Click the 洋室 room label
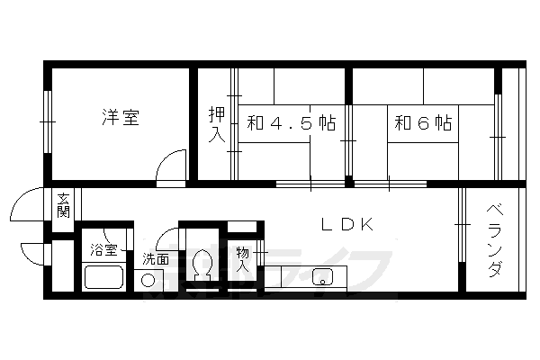click(119, 118)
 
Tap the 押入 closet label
click(216, 124)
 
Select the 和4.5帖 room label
click(290, 123)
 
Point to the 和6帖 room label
click(422, 123)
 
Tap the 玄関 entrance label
click(63, 205)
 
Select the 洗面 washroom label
click(154, 259)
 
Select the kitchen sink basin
click(322, 277)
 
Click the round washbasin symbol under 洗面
click(148, 280)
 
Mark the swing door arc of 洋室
click(168, 168)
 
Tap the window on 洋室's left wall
click(47, 121)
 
